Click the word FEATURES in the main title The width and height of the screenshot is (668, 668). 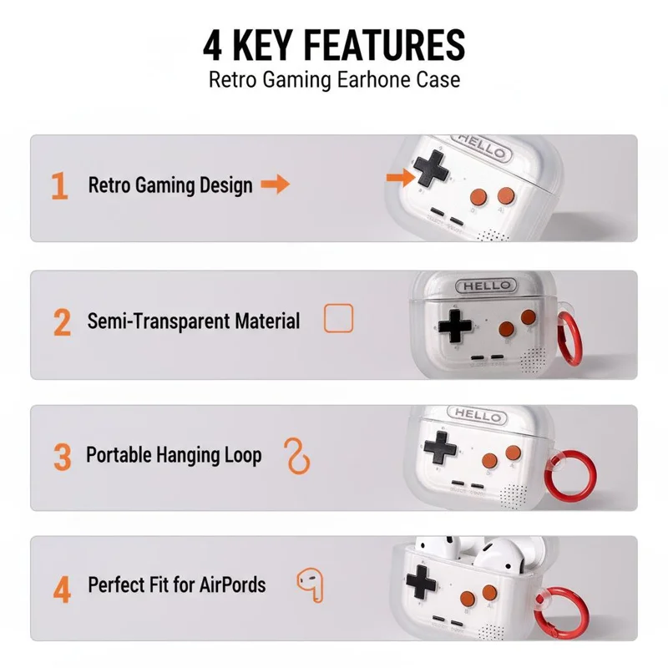pyautogui.click(x=384, y=45)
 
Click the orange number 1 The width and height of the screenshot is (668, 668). pyautogui.click(x=59, y=185)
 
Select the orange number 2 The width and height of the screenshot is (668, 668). pyautogui.click(x=62, y=322)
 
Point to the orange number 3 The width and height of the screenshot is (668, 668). pyautogui.click(x=62, y=457)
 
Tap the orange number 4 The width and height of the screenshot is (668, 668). pyautogui.click(x=62, y=590)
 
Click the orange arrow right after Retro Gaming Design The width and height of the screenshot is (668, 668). pyautogui.click(x=276, y=184)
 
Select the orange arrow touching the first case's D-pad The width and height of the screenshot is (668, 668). pyautogui.click(x=401, y=177)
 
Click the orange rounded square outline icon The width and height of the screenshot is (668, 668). pyautogui.click(x=339, y=318)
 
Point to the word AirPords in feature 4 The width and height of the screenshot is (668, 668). pyautogui.click(x=233, y=584)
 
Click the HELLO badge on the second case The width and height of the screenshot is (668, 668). pyautogui.click(x=486, y=286)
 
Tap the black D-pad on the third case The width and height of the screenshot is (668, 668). pyautogui.click(x=440, y=448)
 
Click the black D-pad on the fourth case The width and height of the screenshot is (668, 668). pyautogui.click(x=422, y=581)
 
